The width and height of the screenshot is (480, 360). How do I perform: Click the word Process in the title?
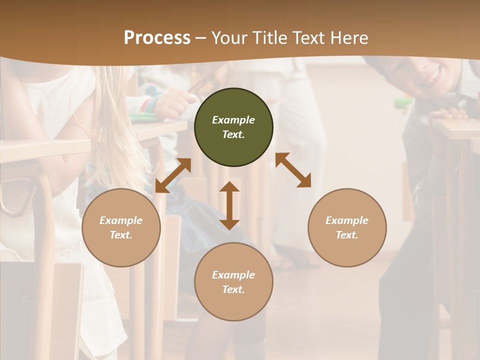tap(157, 38)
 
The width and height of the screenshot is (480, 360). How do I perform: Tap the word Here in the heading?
tap(348, 38)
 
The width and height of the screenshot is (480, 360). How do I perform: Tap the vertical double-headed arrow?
tap(229, 205)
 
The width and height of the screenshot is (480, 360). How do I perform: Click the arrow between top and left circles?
tap(173, 175)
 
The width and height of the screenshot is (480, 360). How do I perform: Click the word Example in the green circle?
tap(233, 120)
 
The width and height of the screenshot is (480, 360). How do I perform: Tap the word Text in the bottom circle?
tap(233, 289)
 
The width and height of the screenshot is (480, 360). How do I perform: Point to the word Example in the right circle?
tap(347, 220)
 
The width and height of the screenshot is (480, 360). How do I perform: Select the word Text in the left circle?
tap(121, 235)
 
